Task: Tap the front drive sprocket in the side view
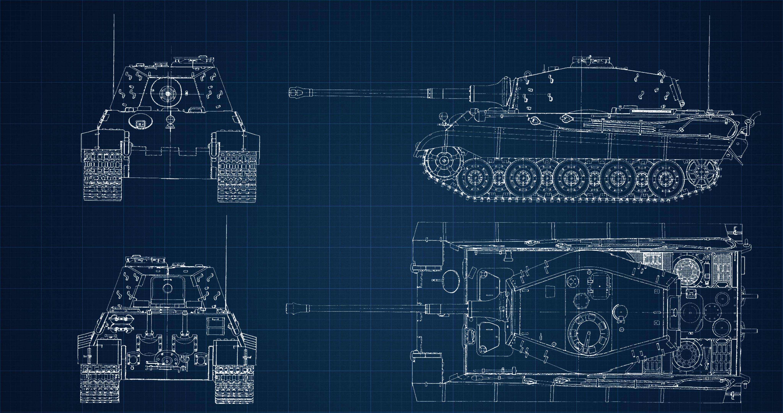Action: (443, 160)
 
